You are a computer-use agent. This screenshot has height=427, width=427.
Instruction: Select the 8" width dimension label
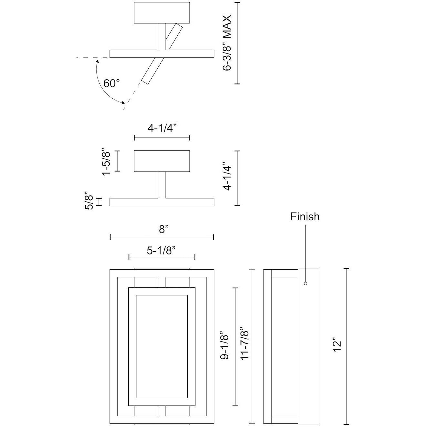(164, 229)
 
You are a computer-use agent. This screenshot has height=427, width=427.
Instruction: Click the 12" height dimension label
(337, 345)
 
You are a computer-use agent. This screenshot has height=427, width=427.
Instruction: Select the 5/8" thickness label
(89, 202)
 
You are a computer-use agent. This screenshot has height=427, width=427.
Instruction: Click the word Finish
(305, 216)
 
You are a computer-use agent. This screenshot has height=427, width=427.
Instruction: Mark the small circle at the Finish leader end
(305, 283)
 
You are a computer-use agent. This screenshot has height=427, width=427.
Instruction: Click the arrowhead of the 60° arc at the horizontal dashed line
(97, 60)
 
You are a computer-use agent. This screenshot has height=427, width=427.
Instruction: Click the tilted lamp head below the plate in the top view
(150, 71)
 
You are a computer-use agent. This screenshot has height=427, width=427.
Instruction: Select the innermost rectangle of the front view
(162, 346)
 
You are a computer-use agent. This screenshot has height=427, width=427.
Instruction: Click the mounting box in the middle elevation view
(162, 161)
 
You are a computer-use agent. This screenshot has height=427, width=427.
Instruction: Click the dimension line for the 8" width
(135, 237)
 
